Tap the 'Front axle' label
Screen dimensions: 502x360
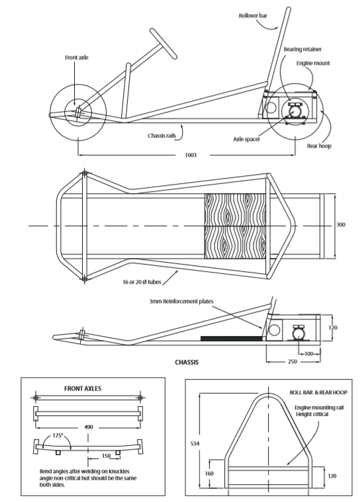(76, 58)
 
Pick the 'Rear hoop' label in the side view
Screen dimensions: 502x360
(320, 146)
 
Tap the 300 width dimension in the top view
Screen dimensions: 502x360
(341, 225)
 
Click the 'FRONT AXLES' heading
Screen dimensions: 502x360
(82, 389)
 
